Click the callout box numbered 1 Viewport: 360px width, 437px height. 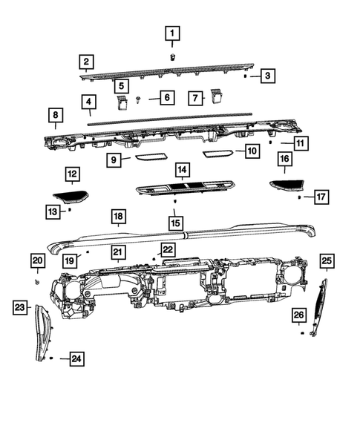click(172, 33)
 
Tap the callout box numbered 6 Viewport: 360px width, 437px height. click(166, 98)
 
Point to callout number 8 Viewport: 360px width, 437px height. click(55, 115)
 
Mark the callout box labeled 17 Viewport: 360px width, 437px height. click(319, 197)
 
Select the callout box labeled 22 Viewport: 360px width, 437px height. click(168, 249)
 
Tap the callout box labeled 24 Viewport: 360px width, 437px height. click(76, 360)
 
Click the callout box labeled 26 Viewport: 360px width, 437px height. click(298, 315)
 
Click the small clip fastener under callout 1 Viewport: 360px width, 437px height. click(172, 56)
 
